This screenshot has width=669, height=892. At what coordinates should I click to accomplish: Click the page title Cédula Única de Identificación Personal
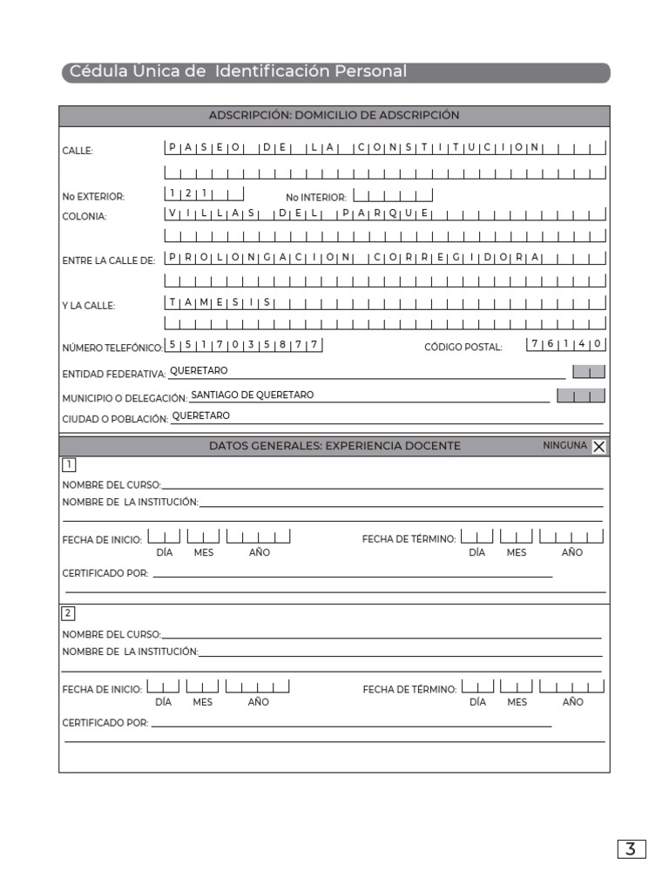pyautogui.click(x=238, y=71)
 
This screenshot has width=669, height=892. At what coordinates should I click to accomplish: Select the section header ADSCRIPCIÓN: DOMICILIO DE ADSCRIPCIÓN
pyautogui.click(x=334, y=115)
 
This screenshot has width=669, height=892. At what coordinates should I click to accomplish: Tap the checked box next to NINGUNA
pyautogui.click(x=599, y=447)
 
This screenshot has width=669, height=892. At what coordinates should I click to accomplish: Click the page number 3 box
pyautogui.click(x=631, y=849)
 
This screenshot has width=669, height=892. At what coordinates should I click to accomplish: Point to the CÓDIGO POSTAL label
pyautogui.click(x=463, y=347)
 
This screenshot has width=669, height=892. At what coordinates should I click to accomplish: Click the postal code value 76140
pyautogui.click(x=566, y=344)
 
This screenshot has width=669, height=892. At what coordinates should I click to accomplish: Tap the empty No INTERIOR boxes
pyautogui.click(x=393, y=196)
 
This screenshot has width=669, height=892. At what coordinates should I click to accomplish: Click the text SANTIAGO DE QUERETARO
pyautogui.click(x=252, y=395)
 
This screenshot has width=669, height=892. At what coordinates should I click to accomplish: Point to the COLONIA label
pyautogui.click(x=84, y=217)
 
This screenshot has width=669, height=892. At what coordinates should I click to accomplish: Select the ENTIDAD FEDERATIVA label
pyautogui.click(x=113, y=374)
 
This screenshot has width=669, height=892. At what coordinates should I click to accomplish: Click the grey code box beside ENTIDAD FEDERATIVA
pyautogui.click(x=588, y=372)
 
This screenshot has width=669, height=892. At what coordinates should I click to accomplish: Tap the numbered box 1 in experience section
pyautogui.click(x=68, y=463)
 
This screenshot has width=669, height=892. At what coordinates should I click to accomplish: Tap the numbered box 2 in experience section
pyautogui.click(x=68, y=613)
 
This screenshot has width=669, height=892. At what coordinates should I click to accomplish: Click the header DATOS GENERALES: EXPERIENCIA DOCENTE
pyautogui.click(x=334, y=445)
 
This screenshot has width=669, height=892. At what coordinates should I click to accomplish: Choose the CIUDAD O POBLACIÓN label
pyautogui.click(x=114, y=419)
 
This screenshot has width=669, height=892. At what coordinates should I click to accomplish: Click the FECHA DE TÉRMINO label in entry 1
pyautogui.click(x=409, y=539)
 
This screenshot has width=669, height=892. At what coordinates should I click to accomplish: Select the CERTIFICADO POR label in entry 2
pyautogui.click(x=105, y=723)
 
